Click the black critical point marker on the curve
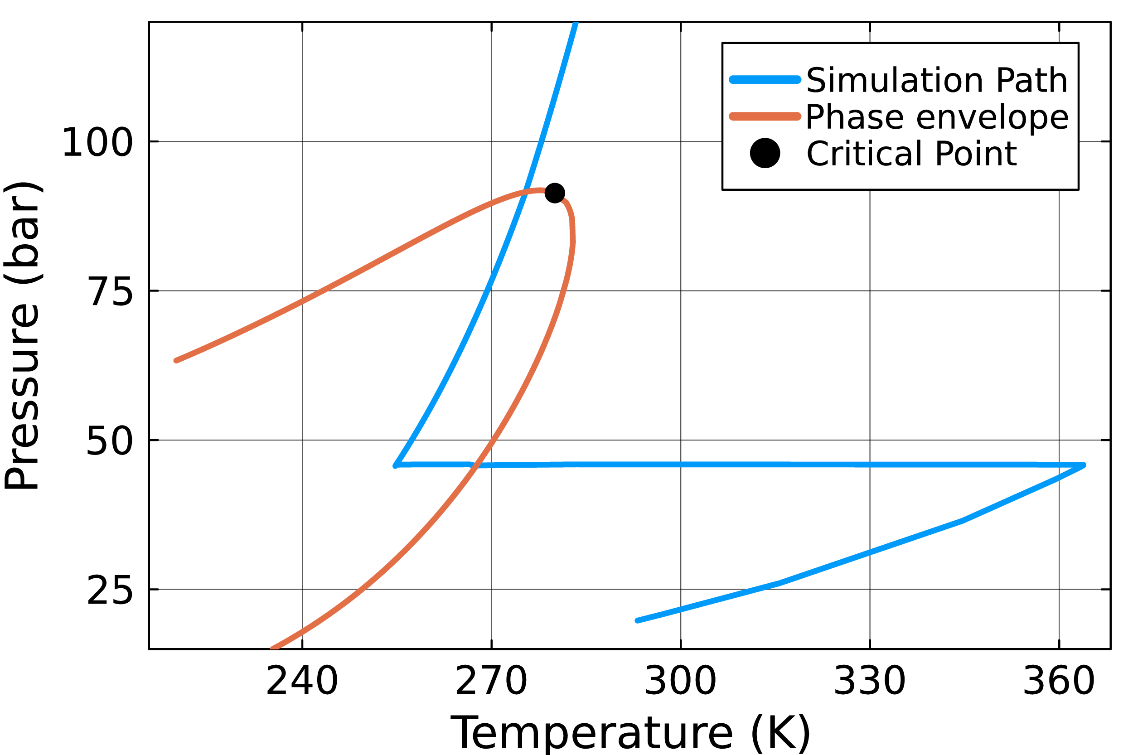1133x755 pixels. coord(555,193)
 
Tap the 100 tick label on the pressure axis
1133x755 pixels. coord(97,142)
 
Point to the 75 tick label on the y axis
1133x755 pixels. coord(110,292)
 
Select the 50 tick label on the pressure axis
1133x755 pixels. coord(110,441)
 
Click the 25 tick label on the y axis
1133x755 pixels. coord(110,591)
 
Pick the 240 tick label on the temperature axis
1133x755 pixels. coord(302,681)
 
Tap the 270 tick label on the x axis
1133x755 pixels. coord(491,681)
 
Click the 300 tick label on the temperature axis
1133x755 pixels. coord(680,681)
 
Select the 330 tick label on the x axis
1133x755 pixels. coord(870,681)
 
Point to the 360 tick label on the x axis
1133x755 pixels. coord(1059,681)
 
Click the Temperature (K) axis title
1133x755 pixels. coord(630,734)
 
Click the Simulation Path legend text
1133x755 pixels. coord(937,80)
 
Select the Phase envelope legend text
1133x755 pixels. coord(937,117)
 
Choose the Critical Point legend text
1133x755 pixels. coord(911,154)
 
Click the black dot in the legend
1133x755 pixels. coord(765,153)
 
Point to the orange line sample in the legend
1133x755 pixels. coord(765,117)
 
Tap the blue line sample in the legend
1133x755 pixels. coord(765,80)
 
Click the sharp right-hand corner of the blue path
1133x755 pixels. coord(1084,465)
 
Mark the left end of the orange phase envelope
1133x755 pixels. coord(176,360)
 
